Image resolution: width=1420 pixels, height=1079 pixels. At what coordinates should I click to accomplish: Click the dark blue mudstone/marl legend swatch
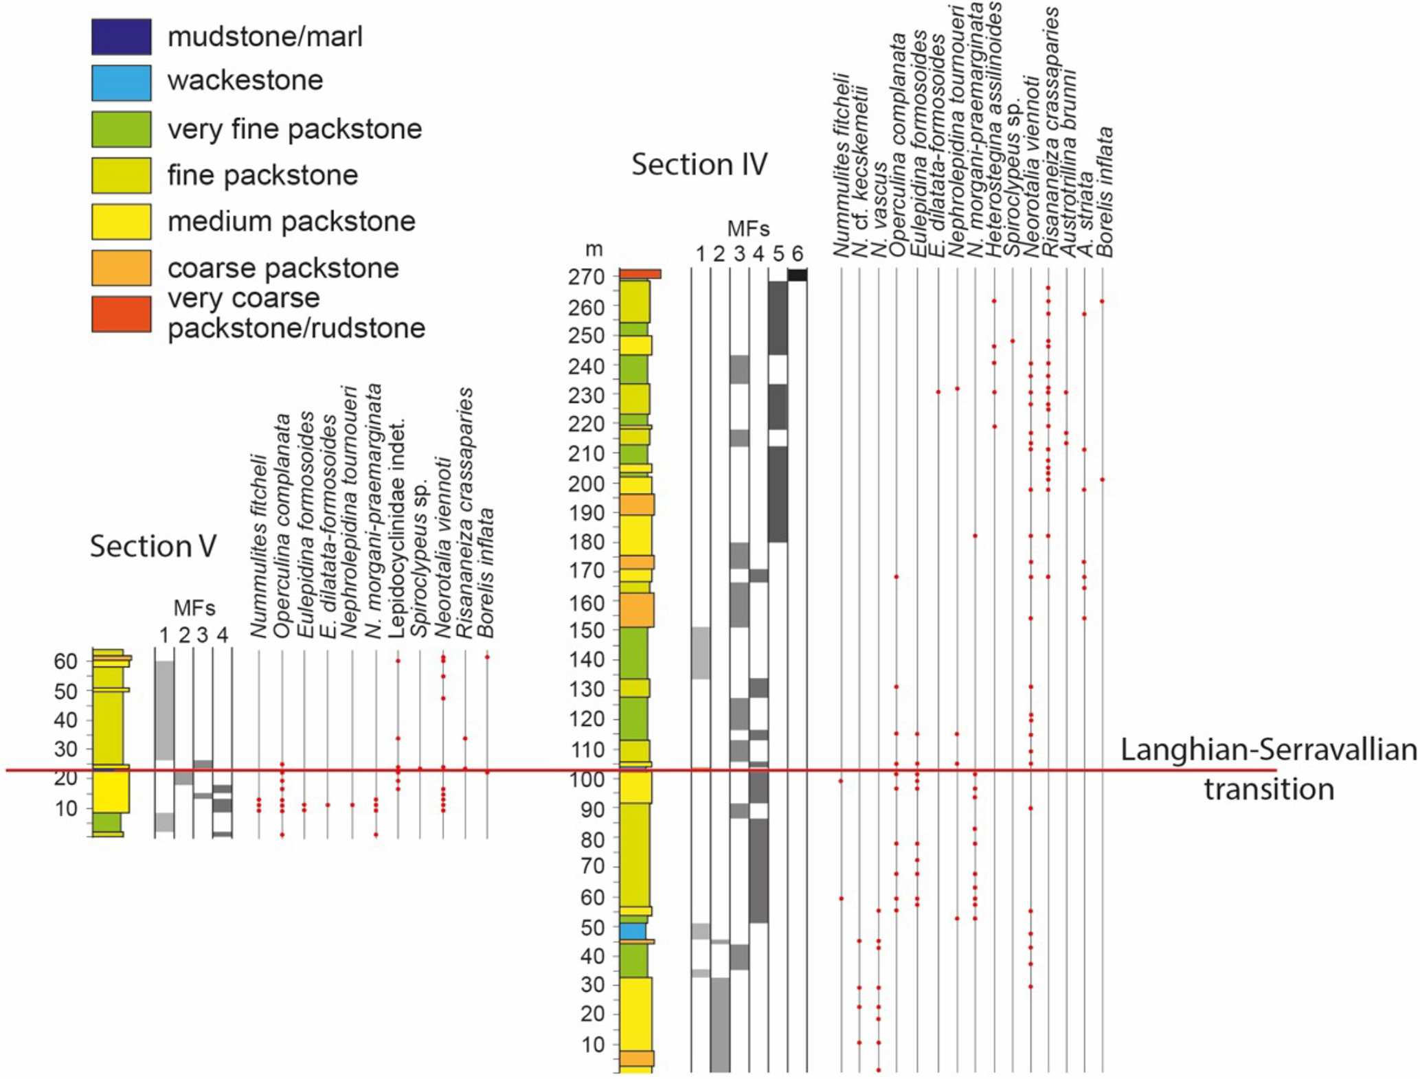point(122,36)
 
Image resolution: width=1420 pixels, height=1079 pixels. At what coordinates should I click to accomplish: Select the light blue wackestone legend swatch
point(122,82)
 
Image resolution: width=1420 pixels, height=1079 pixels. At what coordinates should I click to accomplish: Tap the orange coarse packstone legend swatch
point(122,267)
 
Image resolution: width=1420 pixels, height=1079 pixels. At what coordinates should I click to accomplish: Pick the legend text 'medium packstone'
point(291,221)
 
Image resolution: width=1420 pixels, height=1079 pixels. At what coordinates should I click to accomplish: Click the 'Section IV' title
point(699,165)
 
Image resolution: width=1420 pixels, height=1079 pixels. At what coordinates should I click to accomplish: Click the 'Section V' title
point(153,547)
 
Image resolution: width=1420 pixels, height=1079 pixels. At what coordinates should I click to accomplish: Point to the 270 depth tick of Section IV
point(585,277)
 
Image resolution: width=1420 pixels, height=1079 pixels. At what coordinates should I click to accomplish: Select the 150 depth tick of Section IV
point(585,631)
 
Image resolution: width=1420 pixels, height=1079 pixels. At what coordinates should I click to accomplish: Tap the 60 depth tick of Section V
point(66,661)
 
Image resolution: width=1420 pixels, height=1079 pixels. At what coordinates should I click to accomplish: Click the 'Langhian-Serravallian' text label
point(1268,749)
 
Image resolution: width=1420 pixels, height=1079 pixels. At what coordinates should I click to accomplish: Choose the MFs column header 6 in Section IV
point(797,254)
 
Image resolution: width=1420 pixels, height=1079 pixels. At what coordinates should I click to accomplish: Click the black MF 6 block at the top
point(797,275)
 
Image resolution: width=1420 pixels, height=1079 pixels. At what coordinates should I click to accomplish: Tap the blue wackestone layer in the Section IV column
point(633,931)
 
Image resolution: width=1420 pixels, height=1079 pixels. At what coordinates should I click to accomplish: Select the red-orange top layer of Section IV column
point(640,274)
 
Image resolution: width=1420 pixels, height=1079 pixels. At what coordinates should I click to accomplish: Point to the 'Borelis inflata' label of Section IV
point(1105,192)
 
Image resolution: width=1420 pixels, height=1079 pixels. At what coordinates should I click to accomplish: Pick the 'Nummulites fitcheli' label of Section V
point(258,545)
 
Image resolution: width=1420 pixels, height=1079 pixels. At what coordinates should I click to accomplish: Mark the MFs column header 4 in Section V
point(222,635)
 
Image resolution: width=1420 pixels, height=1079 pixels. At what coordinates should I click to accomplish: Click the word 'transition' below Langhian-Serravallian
point(1268,789)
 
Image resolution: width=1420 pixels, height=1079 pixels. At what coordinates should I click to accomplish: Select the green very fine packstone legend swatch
point(122,129)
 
